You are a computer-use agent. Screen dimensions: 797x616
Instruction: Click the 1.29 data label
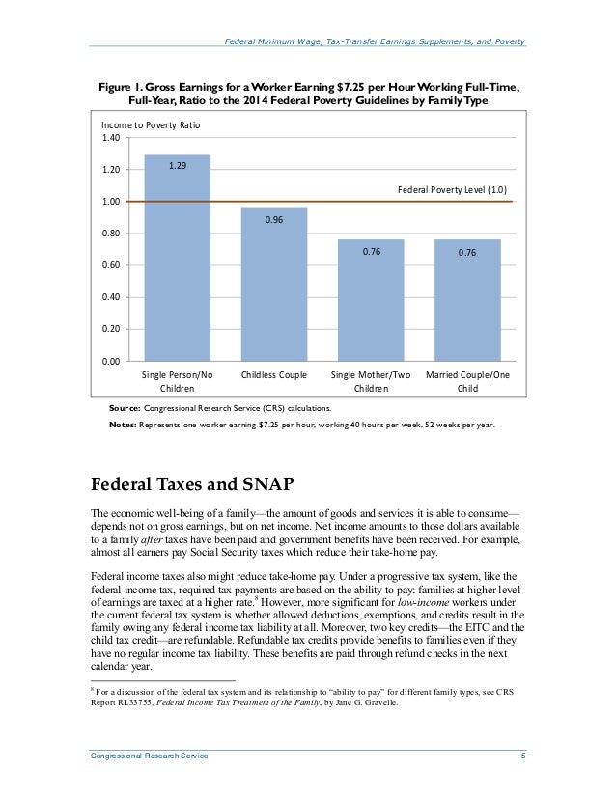point(178,166)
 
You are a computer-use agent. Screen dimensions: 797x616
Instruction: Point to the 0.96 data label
point(274,220)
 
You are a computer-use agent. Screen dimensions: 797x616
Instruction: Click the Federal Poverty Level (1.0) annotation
point(452,189)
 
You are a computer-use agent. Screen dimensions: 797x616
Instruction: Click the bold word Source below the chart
point(125,408)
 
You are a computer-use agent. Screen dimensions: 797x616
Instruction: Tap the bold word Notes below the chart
point(123,424)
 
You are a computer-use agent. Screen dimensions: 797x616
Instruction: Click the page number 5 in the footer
point(522,756)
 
